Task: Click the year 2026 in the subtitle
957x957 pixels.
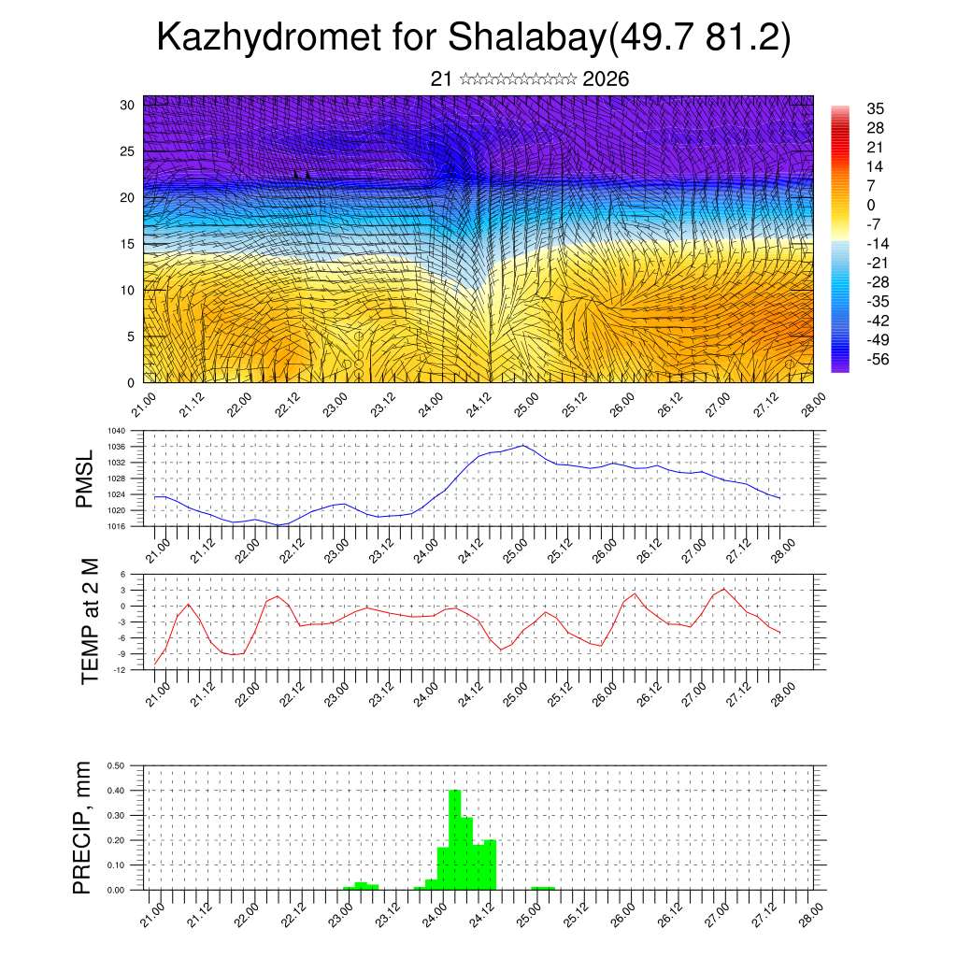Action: pyautogui.click(x=606, y=79)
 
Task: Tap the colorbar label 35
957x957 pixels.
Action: pyautogui.click(x=876, y=108)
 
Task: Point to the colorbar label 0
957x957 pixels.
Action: pyautogui.click(x=871, y=205)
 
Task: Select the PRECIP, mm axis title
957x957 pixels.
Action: pyautogui.click(x=84, y=827)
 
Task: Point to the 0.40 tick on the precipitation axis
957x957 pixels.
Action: pyautogui.click(x=115, y=791)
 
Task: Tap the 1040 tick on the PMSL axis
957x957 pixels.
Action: pyautogui.click(x=115, y=431)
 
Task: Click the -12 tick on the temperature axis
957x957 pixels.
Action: pyautogui.click(x=119, y=670)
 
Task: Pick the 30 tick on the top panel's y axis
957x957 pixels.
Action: pyautogui.click(x=125, y=105)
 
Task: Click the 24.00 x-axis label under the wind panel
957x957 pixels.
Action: pyautogui.click(x=431, y=409)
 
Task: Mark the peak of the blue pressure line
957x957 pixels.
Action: pyautogui.click(x=523, y=445)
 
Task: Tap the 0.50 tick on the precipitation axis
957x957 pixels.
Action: pyautogui.click(x=115, y=765)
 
